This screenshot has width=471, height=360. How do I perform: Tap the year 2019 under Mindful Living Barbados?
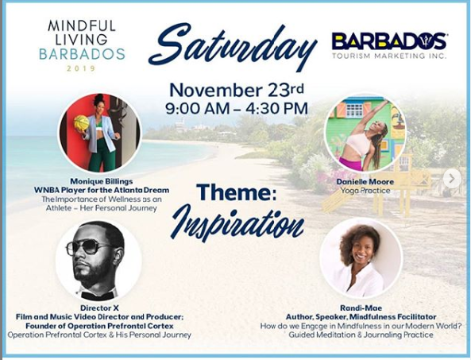coord(81,68)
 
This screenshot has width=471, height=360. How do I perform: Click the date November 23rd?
coord(237,90)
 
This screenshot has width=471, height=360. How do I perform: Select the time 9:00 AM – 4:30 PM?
coord(237,108)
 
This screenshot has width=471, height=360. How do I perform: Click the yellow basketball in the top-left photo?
coord(81,123)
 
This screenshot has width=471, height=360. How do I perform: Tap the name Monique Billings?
coord(102,181)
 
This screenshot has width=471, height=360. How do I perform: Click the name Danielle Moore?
coord(365,181)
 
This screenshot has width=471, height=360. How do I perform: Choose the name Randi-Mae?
coord(361,308)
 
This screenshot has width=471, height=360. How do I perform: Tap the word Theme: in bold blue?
coord(237,192)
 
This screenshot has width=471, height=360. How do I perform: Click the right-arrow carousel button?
coord(452,179)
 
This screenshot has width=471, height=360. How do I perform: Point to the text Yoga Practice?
coord(365,191)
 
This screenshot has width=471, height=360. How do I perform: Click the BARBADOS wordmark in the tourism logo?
coord(388,41)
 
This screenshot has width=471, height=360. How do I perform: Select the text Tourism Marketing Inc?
coord(389,56)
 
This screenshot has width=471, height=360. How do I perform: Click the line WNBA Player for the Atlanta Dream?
coord(102,190)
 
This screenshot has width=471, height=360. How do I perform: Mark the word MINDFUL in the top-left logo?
coord(81,26)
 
